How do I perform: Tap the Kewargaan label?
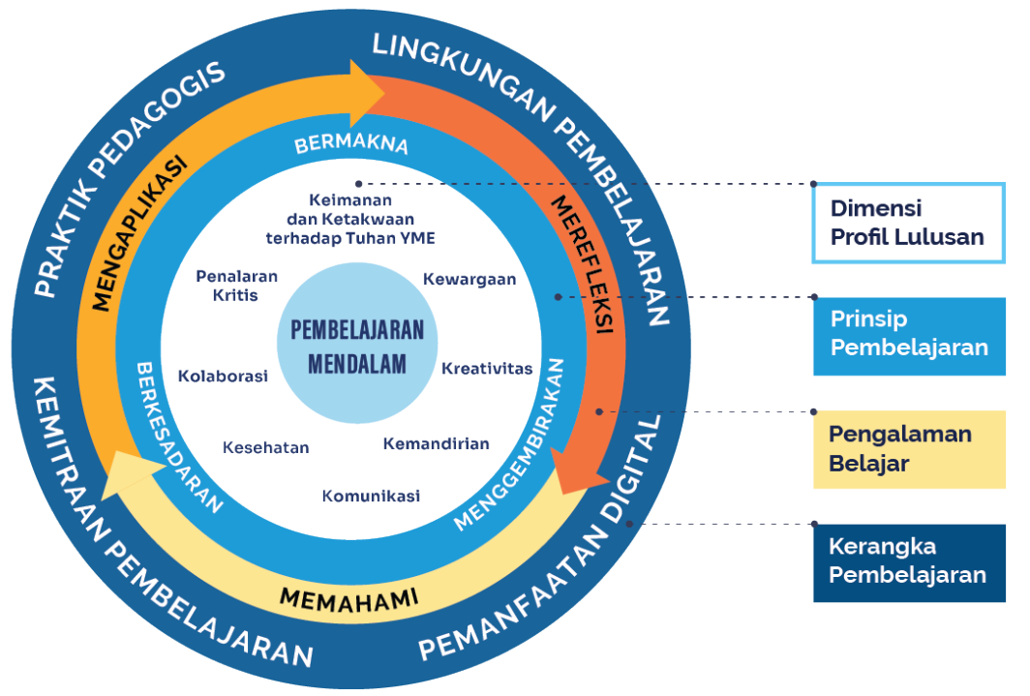pyautogui.click(x=470, y=279)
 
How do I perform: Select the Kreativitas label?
pyautogui.click(x=487, y=369)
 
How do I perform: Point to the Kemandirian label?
pyautogui.click(x=436, y=444)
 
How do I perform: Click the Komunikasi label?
pyautogui.click(x=371, y=496)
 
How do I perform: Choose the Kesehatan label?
pyautogui.click(x=265, y=447)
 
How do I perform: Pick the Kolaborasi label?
pyautogui.click(x=223, y=376)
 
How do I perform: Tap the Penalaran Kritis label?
pyautogui.click(x=236, y=286)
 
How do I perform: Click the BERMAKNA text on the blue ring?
pyautogui.click(x=351, y=145)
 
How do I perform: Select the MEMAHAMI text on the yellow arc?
pyautogui.click(x=348, y=597)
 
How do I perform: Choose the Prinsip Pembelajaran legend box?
pyautogui.click(x=909, y=335)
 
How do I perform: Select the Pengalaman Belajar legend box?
pyautogui.click(x=909, y=448)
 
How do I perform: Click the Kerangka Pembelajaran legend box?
pyautogui.click(x=909, y=562)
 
